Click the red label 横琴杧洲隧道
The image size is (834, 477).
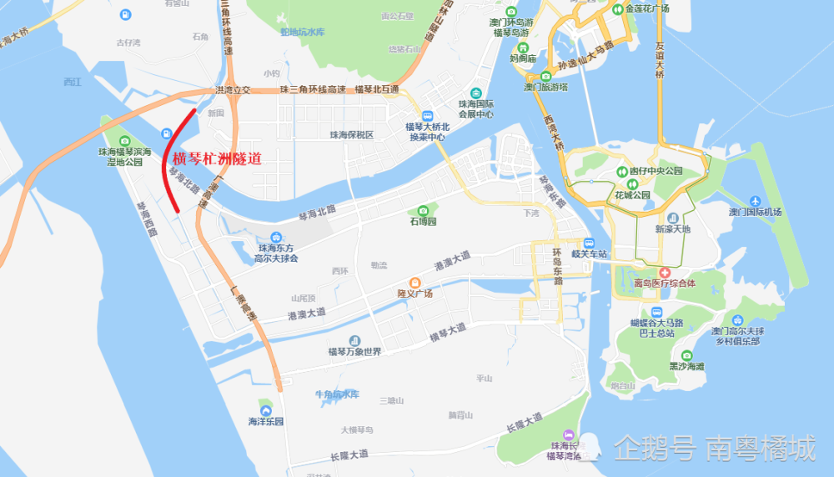click(217, 158)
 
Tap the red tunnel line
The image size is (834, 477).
click(164, 167)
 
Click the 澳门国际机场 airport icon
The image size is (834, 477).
click(755, 201)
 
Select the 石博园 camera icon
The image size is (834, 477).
click(423, 210)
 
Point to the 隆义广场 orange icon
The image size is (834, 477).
click(414, 282)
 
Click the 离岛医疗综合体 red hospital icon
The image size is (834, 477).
click(665, 273)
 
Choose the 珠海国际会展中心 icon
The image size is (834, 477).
click(476, 93)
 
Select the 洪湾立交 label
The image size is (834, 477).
click(233, 89)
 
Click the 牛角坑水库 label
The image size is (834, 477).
click(336, 394)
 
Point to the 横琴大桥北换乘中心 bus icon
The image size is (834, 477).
click(427, 116)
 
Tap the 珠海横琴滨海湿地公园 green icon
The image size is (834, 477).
click(124, 141)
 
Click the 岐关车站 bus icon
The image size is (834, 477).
click(590, 243)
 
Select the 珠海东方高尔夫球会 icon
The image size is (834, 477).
click(275, 237)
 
